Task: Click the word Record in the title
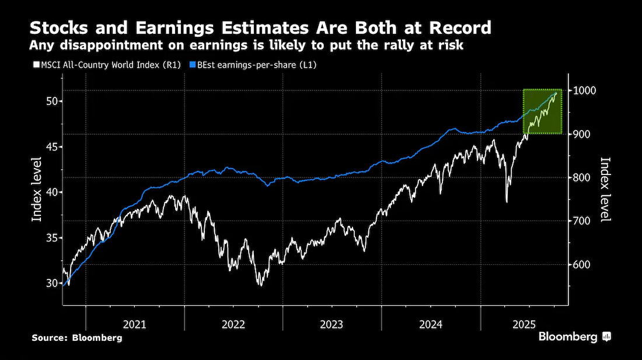[x=460, y=28]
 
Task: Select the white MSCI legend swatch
[x=36, y=65]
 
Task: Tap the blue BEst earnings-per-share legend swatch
[x=193, y=65]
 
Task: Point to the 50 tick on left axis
[x=52, y=101]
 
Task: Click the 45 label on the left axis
[x=52, y=146]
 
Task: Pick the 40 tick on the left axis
[x=52, y=192]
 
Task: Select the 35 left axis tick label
[x=52, y=237]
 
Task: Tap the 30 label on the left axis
[x=52, y=283]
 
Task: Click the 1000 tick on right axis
[x=585, y=90]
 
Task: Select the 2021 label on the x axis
[x=134, y=324]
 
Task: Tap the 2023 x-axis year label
[x=332, y=324]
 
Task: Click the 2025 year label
[x=524, y=324]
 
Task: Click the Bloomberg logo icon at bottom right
[x=606, y=337]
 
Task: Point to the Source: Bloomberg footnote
[x=77, y=338]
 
